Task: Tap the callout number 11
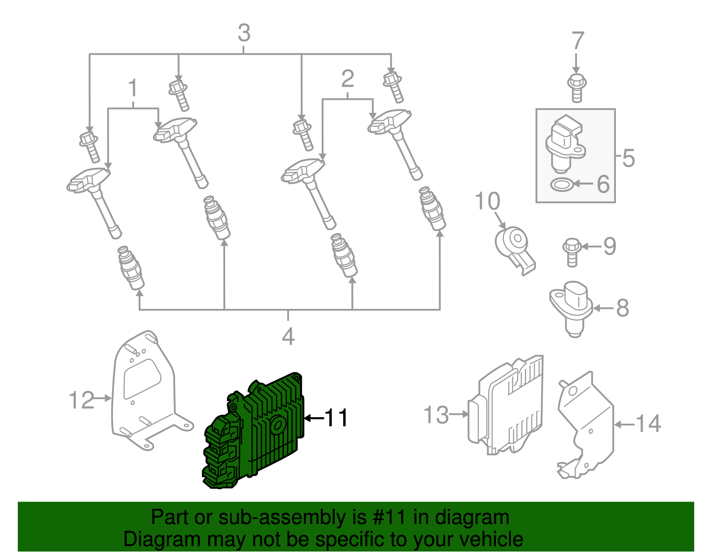pos(336,418)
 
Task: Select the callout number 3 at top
pos(244,33)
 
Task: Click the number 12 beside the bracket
pos(82,400)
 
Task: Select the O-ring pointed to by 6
pos(562,184)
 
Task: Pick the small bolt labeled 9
pos(571,252)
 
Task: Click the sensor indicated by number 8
pos(572,307)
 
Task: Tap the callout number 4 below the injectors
pos(288,337)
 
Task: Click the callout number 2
pos(348,79)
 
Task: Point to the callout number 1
pos(133,89)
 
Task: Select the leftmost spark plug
pos(131,268)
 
